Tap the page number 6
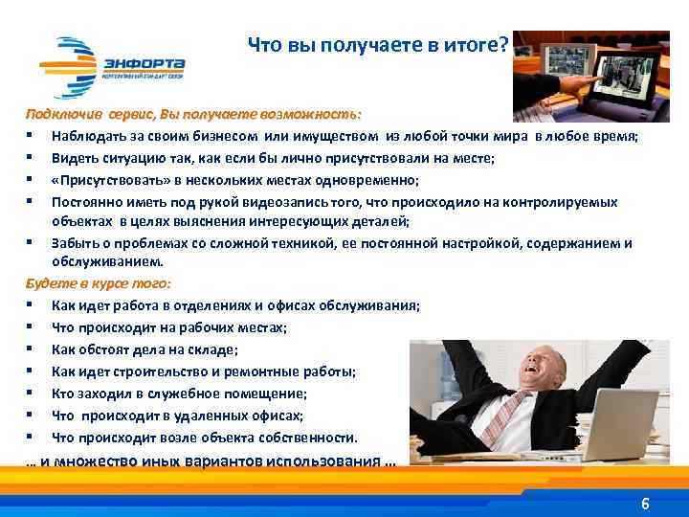(645, 504)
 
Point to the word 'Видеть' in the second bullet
(74, 158)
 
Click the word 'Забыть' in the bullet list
(74, 243)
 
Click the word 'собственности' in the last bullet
(312, 438)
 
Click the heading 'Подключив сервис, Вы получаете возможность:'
(194, 114)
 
